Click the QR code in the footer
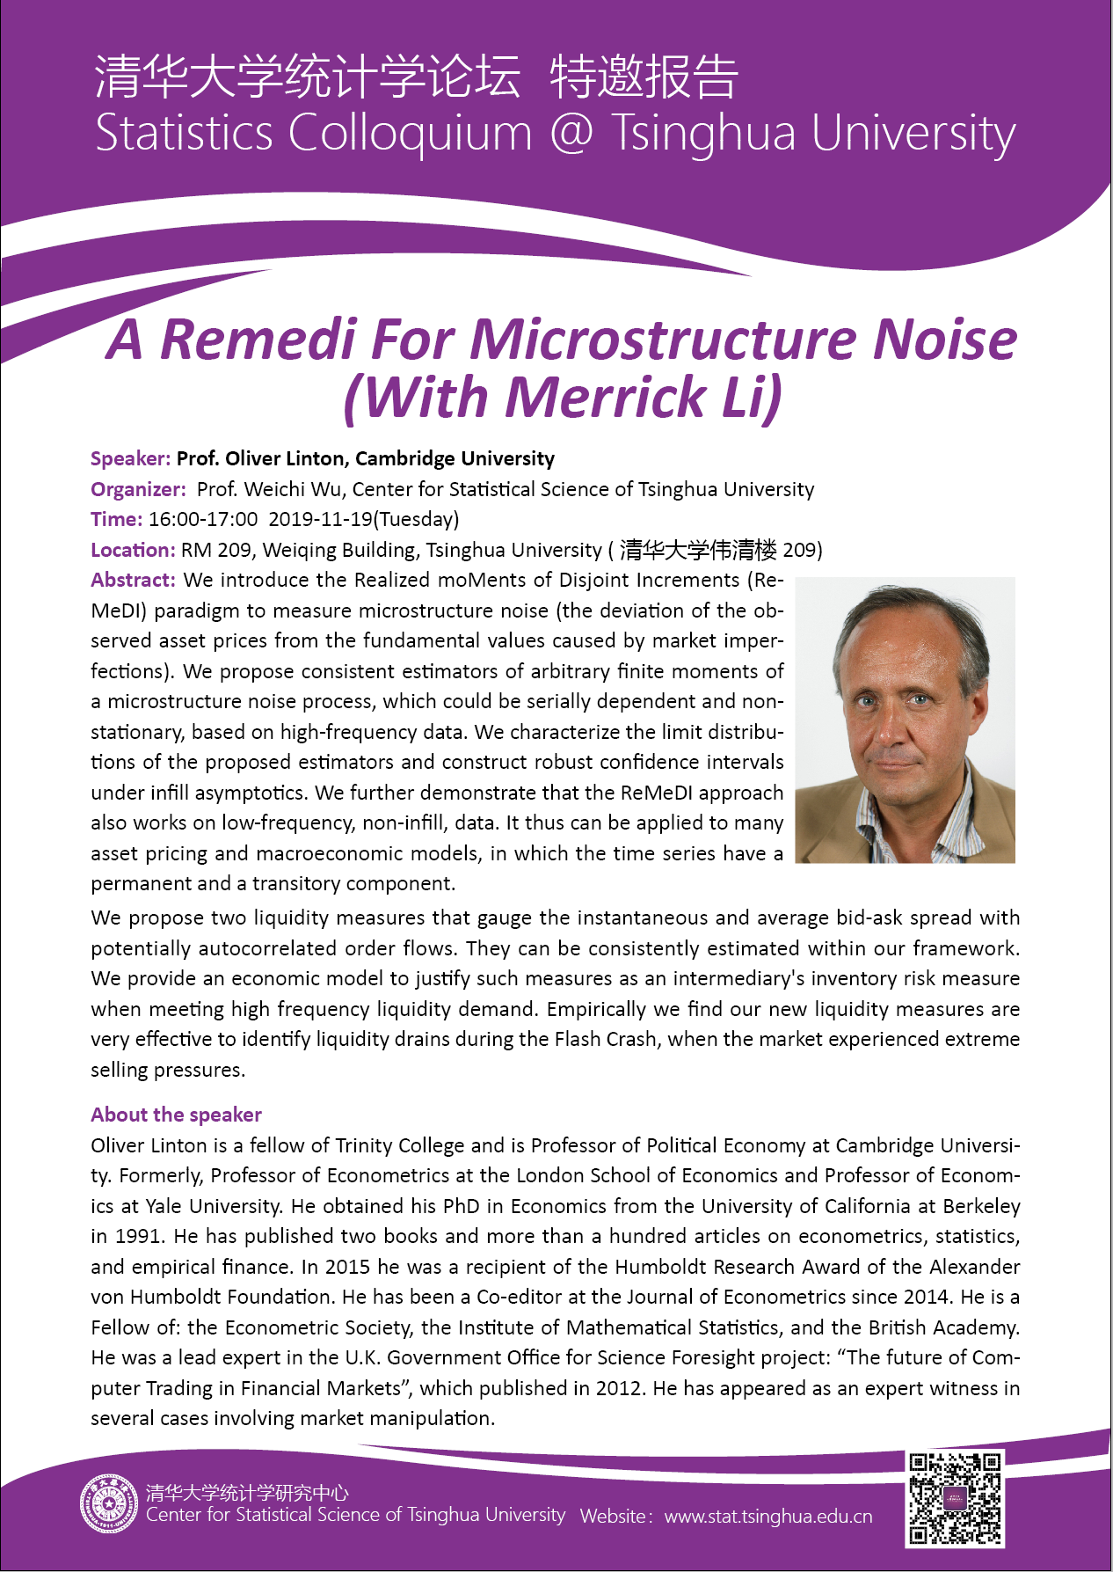pyautogui.click(x=955, y=1499)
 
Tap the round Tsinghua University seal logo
pyautogui.click(x=109, y=1503)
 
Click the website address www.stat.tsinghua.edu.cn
pyautogui.click(x=768, y=1517)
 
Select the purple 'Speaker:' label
pyautogui.click(x=130, y=458)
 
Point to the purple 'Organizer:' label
pyautogui.click(x=138, y=489)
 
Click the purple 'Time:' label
pyautogui.click(x=116, y=519)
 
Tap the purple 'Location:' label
pyautogui.click(x=133, y=550)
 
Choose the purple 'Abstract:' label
pyautogui.click(x=133, y=581)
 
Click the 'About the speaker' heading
pyautogui.click(x=176, y=1115)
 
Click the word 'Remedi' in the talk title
pyautogui.click(x=258, y=340)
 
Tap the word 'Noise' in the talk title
pyautogui.click(x=944, y=340)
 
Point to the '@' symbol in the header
pyautogui.click(x=571, y=134)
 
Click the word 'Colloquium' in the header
pyautogui.click(x=410, y=134)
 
